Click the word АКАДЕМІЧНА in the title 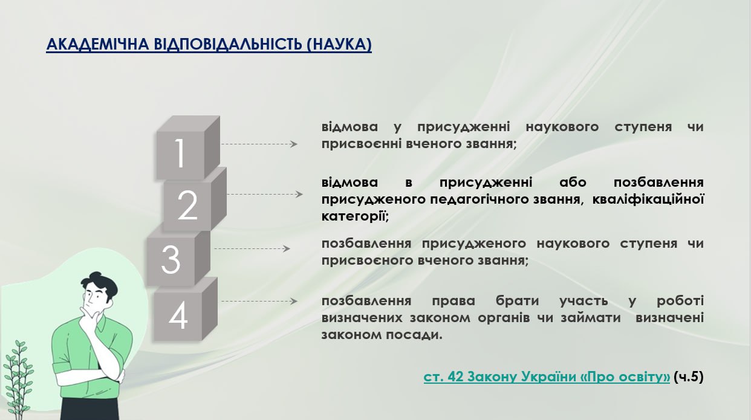pyautogui.click(x=97, y=45)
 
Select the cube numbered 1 pyautogui.click(x=188, y=147)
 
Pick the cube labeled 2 pyautogui.click(x=195, y=199)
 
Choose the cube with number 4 pyautogui.click(x=186, y=309)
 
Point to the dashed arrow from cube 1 pyautogui.click(x=259, y=144)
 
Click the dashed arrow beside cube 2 pyautogui.click(x=265, y=194)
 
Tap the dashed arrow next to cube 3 pyautogui.click(x=252, y=249)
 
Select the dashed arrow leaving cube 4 pyautogui.click(x=259, y=301)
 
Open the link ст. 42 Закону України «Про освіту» pyautogui.click(x=547, y=377)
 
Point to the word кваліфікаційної pyautogui.click(x=648, y=199)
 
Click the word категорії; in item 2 pyautogui.click(x=355, y=216)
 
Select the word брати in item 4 pyautogui.click(x=518, y=300)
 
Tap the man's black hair pyautogui.click(x=100, y=284)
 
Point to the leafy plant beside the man pyautogui.click(x=18, y=379)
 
